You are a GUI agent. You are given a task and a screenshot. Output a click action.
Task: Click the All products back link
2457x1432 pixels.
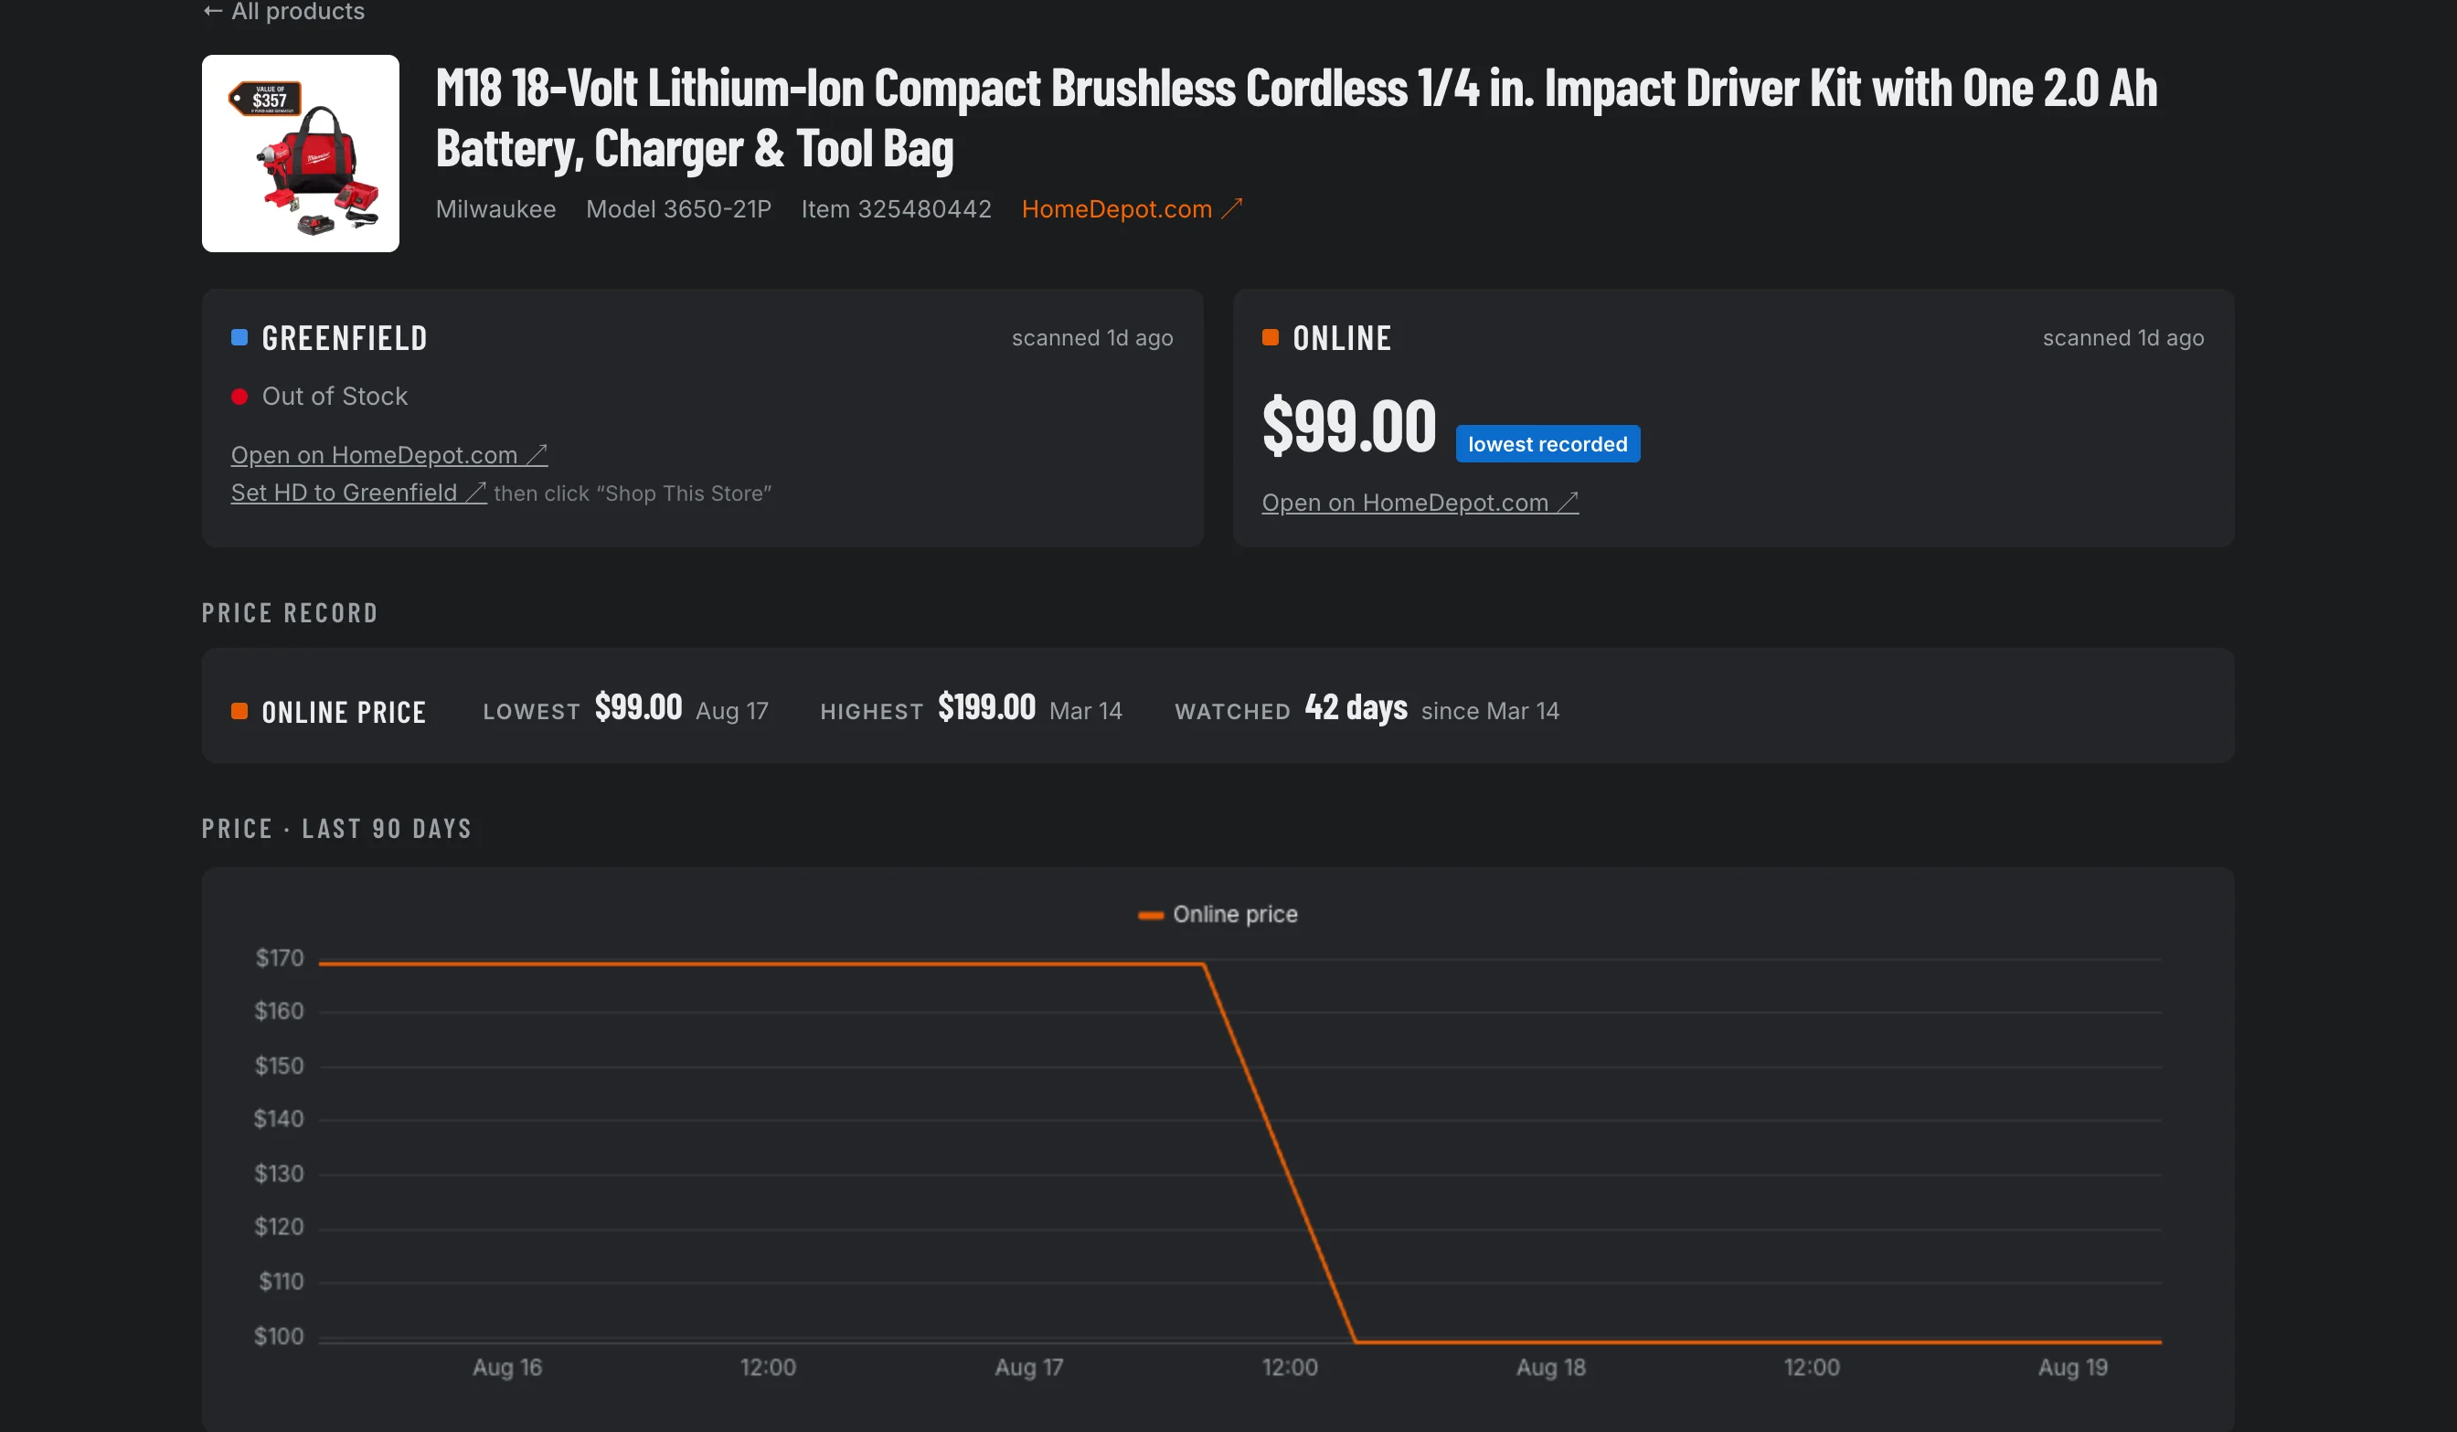pos(283,11)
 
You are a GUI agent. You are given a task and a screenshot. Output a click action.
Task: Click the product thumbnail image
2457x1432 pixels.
pos(301,153)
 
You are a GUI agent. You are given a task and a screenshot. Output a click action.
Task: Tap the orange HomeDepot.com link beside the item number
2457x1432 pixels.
pos(1132,208)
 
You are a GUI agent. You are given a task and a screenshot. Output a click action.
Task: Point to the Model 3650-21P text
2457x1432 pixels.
pos(678,208)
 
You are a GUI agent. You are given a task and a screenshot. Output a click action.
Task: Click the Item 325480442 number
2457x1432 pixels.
pos(896,208)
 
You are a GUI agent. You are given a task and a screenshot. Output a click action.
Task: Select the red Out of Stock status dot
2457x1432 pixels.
pos(239,397)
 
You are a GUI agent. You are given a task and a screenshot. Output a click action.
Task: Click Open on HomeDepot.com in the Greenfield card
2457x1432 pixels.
pos(389,455)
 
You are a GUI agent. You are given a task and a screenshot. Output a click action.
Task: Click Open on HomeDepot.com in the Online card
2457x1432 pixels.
pos(1420,502)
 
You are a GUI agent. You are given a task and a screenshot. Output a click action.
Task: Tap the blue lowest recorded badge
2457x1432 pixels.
pos(1548,443)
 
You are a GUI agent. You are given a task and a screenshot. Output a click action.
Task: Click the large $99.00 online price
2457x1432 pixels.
pos(1349,426)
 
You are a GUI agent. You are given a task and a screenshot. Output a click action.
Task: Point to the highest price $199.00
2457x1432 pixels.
pos(986,706)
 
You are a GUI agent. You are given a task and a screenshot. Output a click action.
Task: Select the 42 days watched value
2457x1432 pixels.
pos(1356,706)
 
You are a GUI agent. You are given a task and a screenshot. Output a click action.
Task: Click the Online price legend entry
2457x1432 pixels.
pos(1218,915)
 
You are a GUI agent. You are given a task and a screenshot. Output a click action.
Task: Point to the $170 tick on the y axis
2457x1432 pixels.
pos(280,959)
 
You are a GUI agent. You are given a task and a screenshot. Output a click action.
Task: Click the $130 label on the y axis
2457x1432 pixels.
pos(280,1173)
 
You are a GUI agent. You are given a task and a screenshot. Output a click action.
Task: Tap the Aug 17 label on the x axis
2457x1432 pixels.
pos(1028,1368)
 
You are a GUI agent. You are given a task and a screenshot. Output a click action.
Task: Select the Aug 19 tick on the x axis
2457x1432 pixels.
pos(2073,1368)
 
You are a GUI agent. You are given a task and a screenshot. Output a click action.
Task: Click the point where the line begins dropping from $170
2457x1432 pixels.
pos(1204,964)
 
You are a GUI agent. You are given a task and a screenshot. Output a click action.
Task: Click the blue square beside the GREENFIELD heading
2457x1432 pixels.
pos(239,337)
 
